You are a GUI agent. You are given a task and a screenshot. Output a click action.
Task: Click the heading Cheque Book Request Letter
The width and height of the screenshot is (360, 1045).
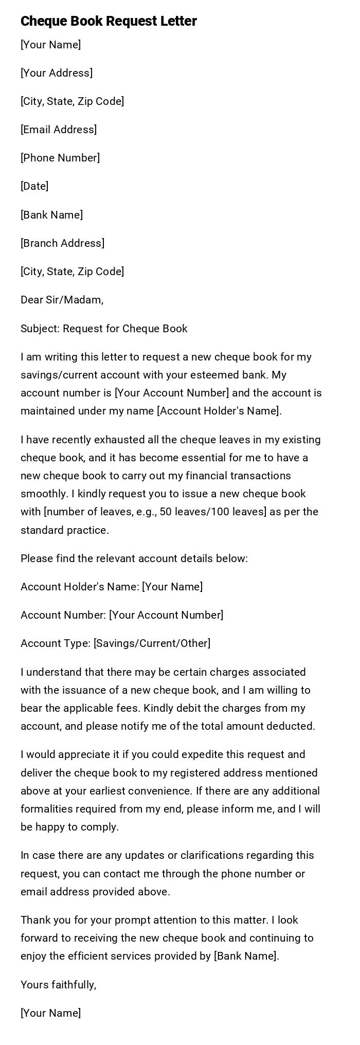(x=109, y=21)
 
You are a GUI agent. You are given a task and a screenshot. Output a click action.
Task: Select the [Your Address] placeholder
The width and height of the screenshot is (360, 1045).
(x=57, y=73)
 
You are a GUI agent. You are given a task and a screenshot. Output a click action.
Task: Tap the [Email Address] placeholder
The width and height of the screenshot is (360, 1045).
(x=59, y=130)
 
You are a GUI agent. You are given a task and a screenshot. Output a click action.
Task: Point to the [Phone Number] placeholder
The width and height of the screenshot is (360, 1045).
(x=60, y=158)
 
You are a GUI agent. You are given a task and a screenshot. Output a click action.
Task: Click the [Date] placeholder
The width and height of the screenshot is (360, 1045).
(x=34, y=186)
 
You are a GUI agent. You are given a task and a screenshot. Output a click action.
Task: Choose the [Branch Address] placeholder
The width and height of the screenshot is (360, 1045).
(x=62, y=243)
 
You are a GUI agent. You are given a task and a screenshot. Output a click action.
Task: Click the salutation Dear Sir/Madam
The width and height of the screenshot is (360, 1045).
(x=62, y=300)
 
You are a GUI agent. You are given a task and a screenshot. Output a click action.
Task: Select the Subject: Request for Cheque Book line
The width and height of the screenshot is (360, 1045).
(x=104, y=329)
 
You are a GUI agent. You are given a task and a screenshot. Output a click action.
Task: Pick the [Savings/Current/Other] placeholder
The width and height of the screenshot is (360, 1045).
(x=152, y=643)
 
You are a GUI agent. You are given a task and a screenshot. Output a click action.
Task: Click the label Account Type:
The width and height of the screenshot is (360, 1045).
(x=56, y=643)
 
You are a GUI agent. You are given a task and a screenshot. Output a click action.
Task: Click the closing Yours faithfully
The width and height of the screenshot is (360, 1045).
(x=58, y=985)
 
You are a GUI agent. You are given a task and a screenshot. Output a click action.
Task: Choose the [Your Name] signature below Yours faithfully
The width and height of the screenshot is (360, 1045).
(x=50, y=1013)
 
